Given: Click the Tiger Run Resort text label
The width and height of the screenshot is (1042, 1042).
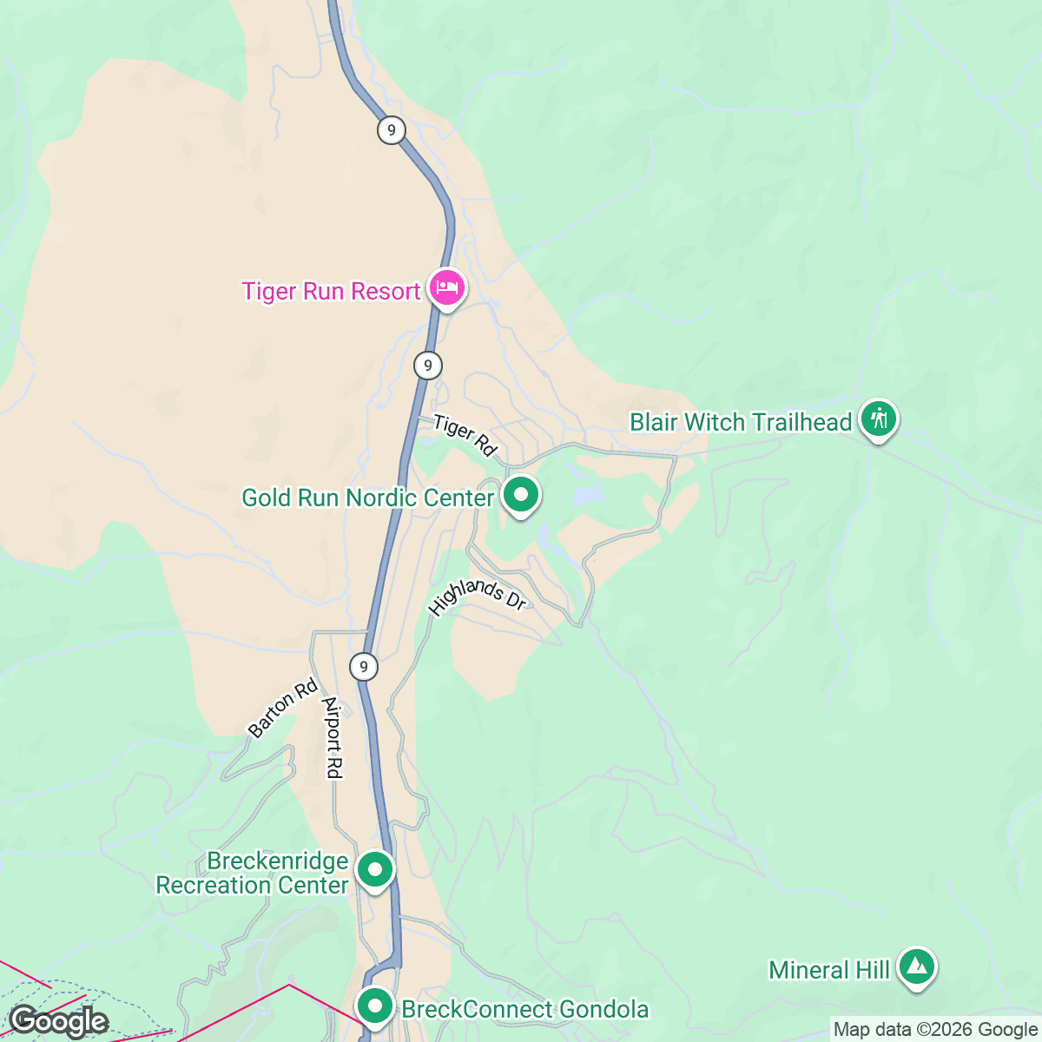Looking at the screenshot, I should coord(331,291).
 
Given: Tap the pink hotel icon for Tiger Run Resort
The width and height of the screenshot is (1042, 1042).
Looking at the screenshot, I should coord(447,287).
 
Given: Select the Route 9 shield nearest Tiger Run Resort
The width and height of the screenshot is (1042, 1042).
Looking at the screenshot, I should coord(427,366).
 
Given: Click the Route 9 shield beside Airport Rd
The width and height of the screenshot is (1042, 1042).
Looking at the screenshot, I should coord(364,667).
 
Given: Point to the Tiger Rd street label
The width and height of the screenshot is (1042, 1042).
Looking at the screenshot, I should coord(465,435).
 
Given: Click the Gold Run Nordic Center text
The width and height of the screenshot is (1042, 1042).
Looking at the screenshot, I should coord(367,498).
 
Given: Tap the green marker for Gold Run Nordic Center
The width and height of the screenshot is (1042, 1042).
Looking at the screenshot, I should coord(521,496).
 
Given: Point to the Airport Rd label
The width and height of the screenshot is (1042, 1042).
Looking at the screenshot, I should coord(333,737).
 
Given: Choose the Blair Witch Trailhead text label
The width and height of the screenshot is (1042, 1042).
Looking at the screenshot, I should coord(741,422).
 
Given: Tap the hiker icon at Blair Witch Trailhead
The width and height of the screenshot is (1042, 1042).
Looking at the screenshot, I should coord(879,419).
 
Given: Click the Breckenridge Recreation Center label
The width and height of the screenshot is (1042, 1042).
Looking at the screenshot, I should coord(253,873).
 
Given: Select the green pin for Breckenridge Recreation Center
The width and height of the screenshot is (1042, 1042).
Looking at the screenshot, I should coord(375,869).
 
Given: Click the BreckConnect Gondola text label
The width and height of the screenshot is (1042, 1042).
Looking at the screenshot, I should coord(524,1009).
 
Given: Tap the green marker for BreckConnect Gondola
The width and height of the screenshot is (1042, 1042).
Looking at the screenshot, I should coord(375,1007).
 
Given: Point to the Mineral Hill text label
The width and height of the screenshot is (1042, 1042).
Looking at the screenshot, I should coord(829,969).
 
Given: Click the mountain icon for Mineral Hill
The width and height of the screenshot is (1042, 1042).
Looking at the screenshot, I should coord(916,966).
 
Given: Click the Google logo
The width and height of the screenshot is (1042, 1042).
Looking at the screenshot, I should coord(58,1021).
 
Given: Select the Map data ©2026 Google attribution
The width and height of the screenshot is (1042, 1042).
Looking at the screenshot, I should coord(934,1030).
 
